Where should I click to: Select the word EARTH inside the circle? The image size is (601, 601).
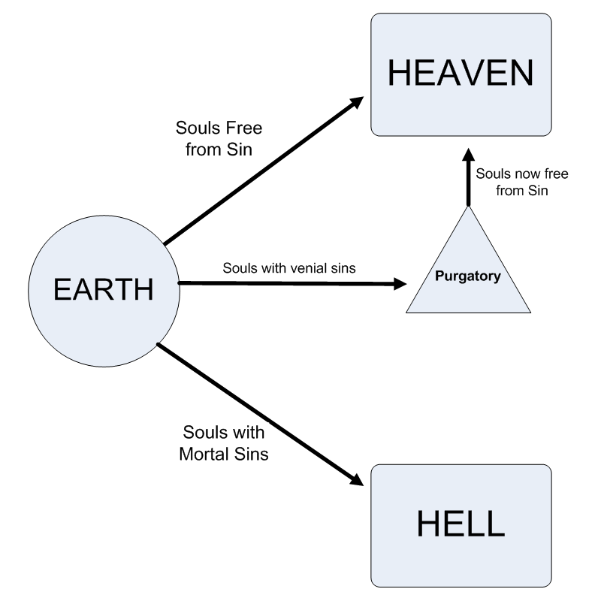(x=103, y=288)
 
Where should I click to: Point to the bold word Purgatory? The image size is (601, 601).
(x=468, y=276)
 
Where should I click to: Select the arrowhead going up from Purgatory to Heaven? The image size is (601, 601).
(x=467, y=156)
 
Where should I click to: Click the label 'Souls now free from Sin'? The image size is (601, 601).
(x=522, y=183)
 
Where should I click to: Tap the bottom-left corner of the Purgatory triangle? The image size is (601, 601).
(x=406, y=311)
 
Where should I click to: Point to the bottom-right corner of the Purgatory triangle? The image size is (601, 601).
(x=530, y=311)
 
